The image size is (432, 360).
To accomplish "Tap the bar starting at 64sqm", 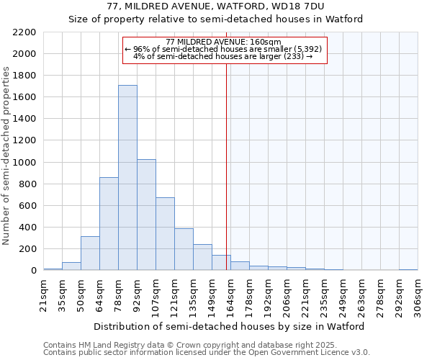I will [x=109, y=224].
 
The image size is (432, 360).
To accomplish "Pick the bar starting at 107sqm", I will [x=165, y=234].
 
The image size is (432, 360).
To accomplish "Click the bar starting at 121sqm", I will [x=184, y=249].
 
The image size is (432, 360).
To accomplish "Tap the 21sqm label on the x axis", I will [x=43, y=294].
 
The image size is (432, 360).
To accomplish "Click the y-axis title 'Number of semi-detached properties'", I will [x=7, y=156].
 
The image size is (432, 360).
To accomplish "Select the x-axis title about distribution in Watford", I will [x=229, y=326].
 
